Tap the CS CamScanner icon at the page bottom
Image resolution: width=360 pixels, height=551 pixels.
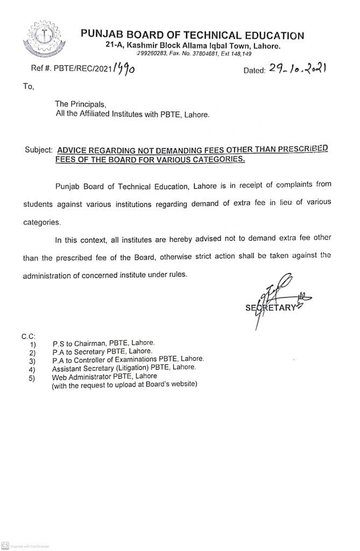5,545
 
